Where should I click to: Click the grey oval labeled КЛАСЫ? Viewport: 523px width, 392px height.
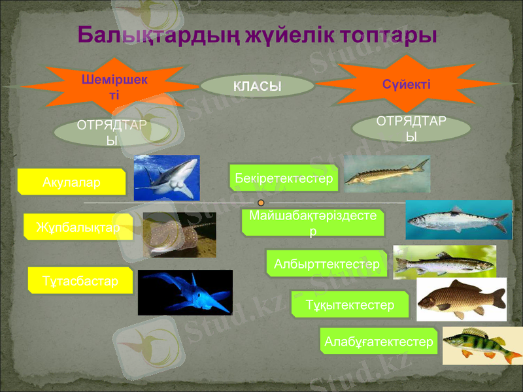[x=257, y=86]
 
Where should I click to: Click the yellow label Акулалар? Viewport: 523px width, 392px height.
[x=72, y=182]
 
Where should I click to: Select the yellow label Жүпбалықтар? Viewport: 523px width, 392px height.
[x=78, y=227]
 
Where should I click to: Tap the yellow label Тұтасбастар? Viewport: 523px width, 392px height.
[x=80, y=280]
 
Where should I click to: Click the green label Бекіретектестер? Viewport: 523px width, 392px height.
[x=284, y=178]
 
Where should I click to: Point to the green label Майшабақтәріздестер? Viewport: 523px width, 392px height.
[x=313, y=222]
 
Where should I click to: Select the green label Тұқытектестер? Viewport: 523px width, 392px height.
[x=349, y=304]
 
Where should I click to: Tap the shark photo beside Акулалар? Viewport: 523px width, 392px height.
[x=166, y=178]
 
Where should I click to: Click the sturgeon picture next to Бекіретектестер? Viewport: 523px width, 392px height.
[x=386, y=174]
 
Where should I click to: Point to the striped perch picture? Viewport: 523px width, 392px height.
[x=482, y=345]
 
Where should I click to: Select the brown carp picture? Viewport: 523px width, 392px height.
[x=461, y=299]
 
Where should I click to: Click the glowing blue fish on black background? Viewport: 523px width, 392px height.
[x=185, y=292]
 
